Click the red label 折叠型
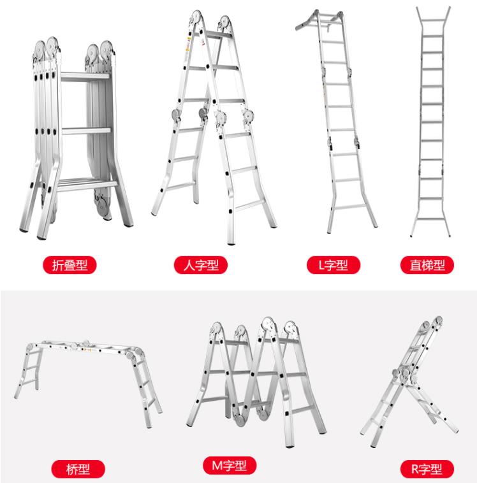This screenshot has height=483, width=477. coord(70,265)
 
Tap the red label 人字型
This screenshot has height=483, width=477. coord(201,265)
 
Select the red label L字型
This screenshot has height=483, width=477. coord(334,265)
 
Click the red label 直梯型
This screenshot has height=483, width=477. coord(427,265)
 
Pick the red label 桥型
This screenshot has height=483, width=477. coord(78,469)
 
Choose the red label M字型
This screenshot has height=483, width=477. coord(230,465)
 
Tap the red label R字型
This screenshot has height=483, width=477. coord(427,469)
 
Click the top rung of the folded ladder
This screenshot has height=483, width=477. coord(85,76)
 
